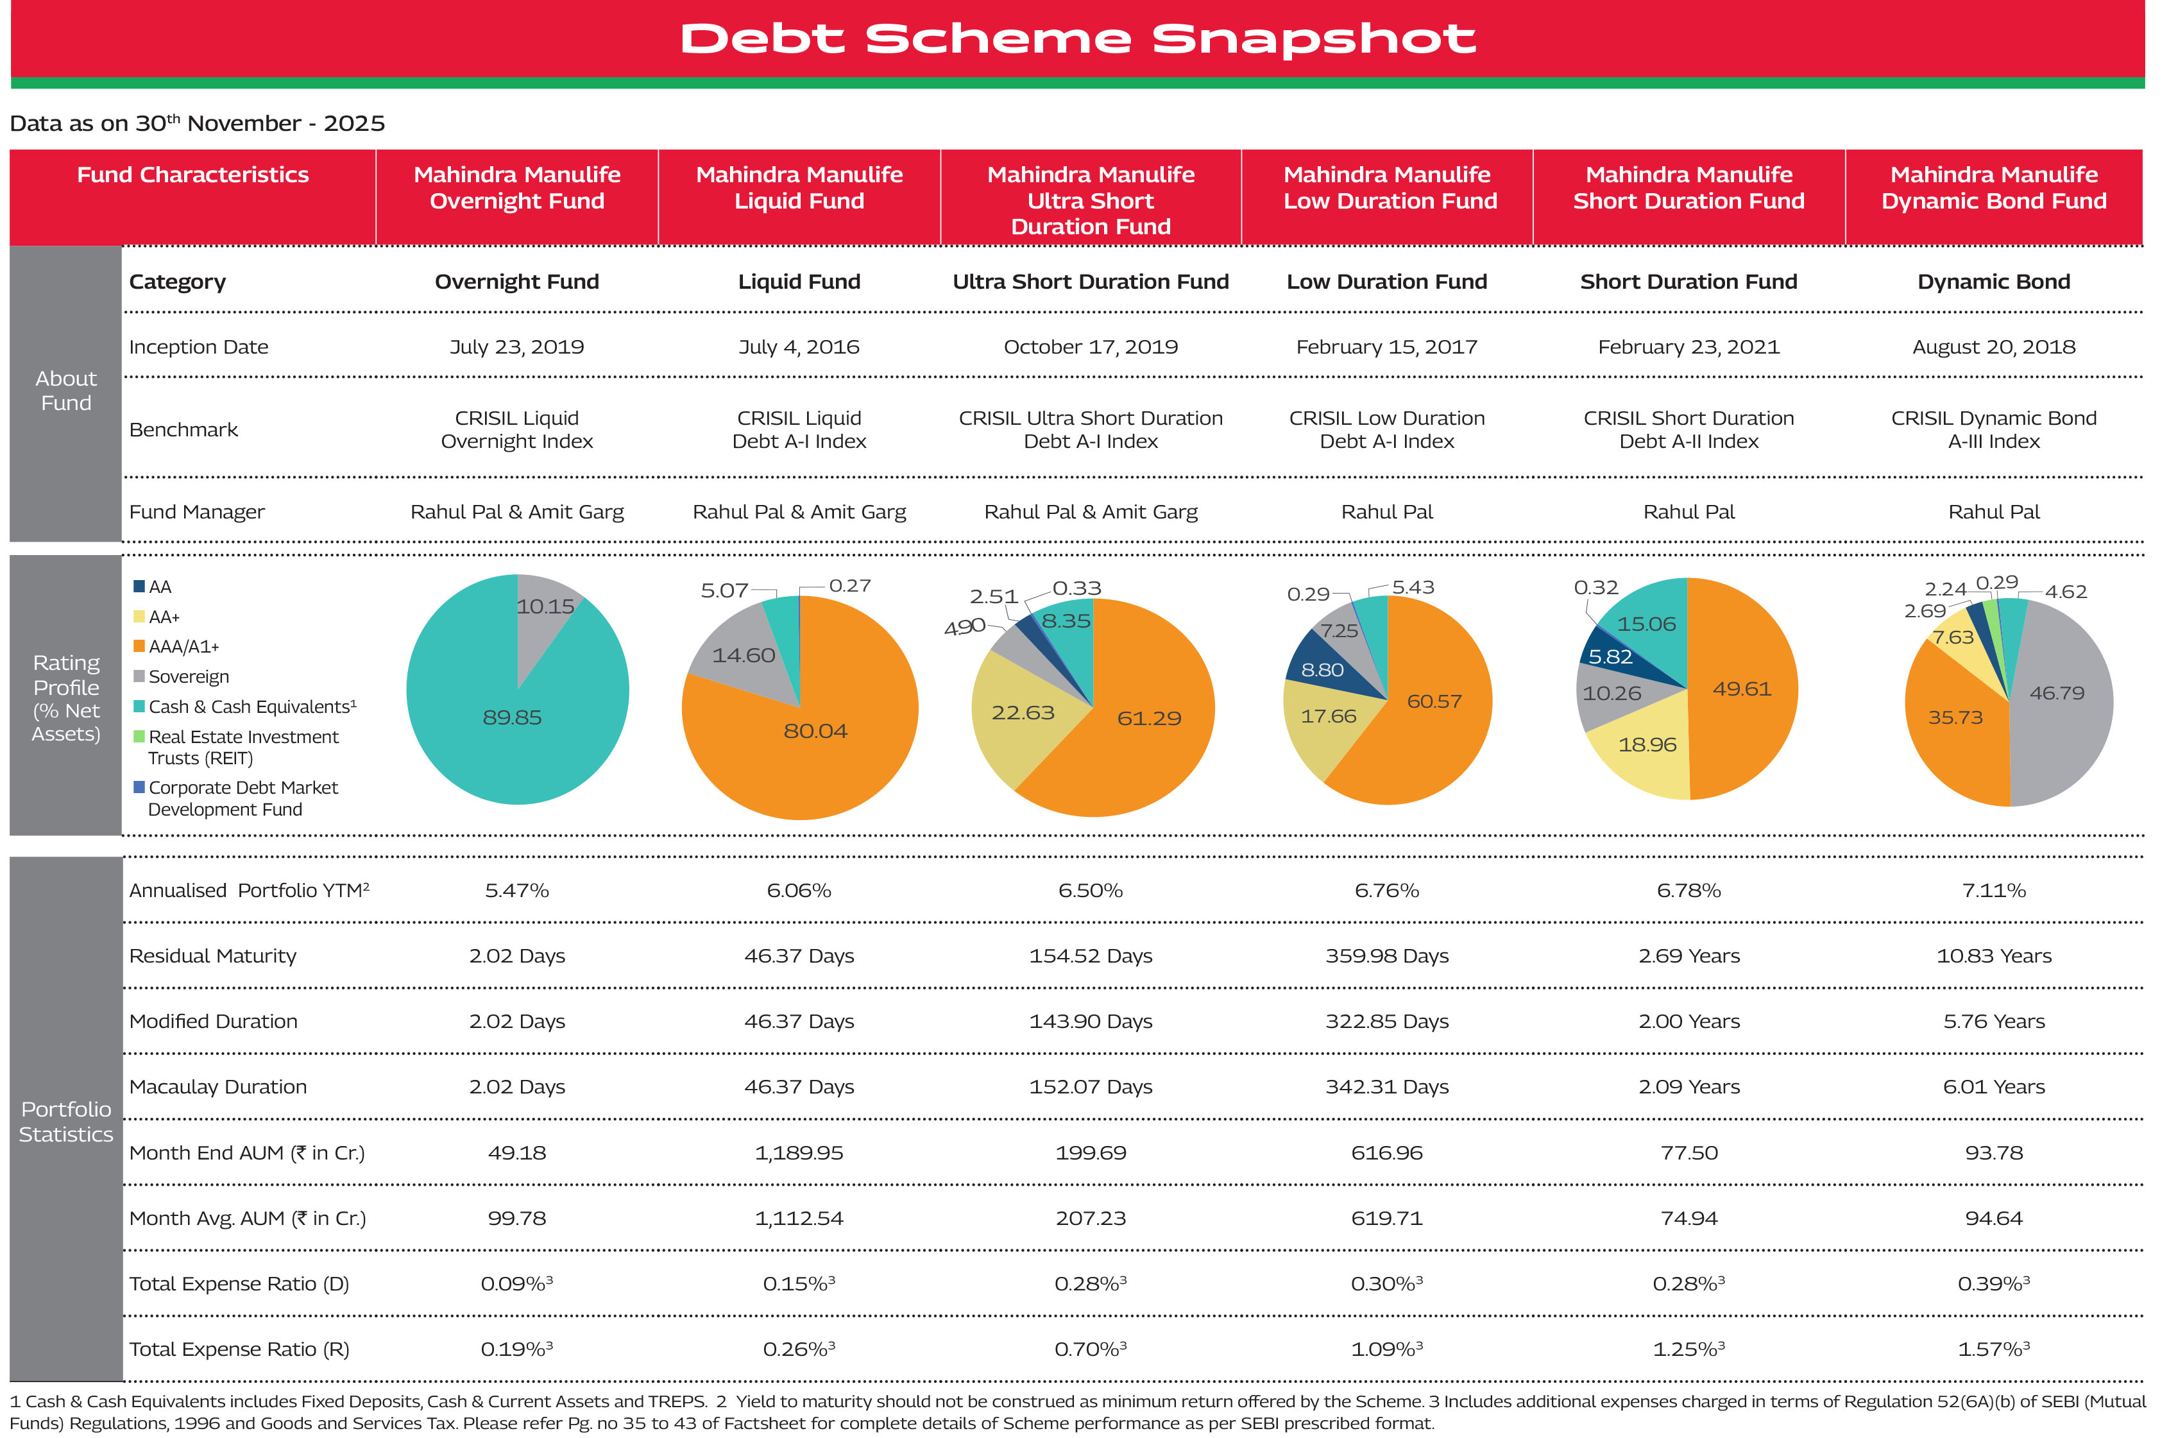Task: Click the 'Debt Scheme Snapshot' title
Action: coord(1077,39)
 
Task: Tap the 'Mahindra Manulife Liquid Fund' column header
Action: coord(799,188)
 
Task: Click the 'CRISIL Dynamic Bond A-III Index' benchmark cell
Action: coord(1993,429)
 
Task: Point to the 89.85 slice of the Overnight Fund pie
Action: coord(495,724)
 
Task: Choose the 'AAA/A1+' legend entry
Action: coord(183,647)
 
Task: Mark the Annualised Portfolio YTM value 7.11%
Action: coord(1993,891)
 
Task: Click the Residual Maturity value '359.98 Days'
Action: coord(1386,955)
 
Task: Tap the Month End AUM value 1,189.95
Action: coord(799,1153)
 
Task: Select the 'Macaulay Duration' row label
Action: coord(218,1087)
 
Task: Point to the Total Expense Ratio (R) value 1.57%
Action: coord(1993,1349)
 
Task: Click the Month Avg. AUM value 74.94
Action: coord(1688,1218)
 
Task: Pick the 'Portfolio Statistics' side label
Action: coord(66,1122)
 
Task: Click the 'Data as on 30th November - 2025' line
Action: coord(197,123)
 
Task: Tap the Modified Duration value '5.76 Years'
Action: coord(1993,1022)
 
